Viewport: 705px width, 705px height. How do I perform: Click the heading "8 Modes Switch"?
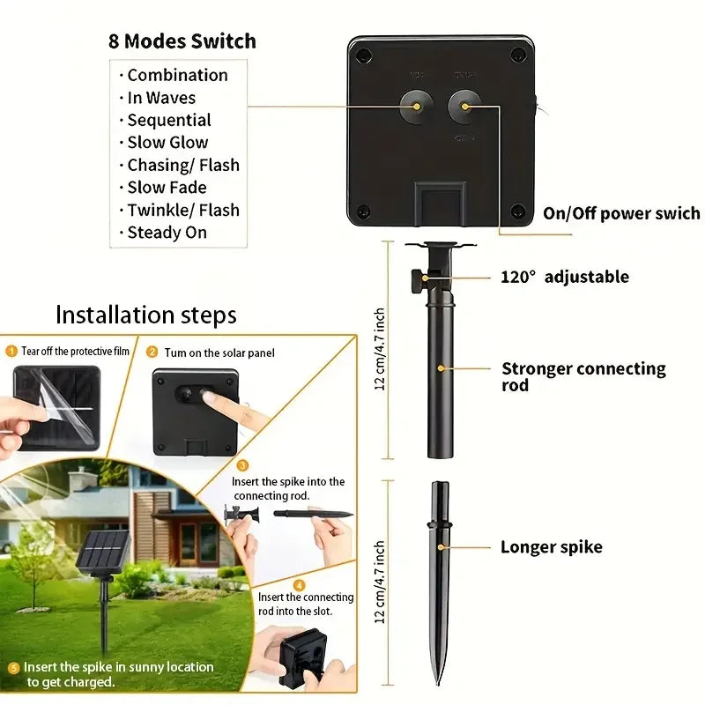point(182,41)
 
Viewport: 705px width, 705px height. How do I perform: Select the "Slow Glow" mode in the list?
point(167,143)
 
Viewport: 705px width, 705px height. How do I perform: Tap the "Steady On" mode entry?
point(167,233)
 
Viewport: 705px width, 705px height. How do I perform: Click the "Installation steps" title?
point(146,315)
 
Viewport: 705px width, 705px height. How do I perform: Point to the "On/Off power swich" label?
point(621,213)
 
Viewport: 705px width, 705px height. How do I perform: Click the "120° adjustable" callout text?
point(565,277)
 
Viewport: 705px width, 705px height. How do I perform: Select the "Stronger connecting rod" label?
point(583,376)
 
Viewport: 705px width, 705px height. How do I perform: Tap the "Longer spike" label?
point(552,547)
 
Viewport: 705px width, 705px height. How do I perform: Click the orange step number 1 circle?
point(11,352)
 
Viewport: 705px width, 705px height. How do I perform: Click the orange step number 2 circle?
point(152,352)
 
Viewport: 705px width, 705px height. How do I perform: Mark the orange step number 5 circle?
point(13,668)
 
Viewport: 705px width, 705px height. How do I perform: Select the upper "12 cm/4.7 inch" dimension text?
point(381,350)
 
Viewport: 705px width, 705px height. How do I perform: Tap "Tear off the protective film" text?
point(75,352)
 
